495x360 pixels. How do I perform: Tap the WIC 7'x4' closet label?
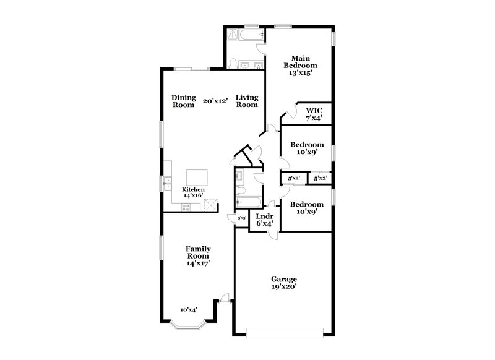pos(314,114)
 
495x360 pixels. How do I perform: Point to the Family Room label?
pos(198,255)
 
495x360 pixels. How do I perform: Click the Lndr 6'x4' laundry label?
pos(264,220)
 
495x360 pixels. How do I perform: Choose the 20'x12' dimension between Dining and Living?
pos(215,101)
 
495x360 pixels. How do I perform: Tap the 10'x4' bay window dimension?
pos(189,310)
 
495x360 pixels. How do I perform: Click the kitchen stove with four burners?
pos(210,205)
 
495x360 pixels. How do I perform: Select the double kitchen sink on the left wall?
pos(167,182)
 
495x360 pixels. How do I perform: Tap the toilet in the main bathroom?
pos(233,63)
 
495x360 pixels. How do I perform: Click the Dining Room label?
pos(184,101)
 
